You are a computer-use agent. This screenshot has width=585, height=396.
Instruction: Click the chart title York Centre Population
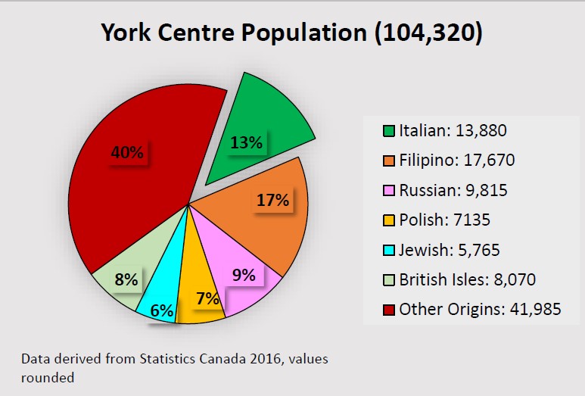pyautogui.click(x=292, y=34)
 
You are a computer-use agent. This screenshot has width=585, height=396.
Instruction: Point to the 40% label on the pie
pyautogui.click(x=127, y=152)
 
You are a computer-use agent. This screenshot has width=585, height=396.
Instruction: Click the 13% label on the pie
pyautogui.click(x=247, y=142)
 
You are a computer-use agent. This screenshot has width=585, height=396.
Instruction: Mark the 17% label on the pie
pyautogui.click(x=273, y=200)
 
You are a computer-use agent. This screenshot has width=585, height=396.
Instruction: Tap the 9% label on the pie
pyautogui.click(x=244, y=275)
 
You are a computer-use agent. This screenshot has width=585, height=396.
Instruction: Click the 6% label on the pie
pyautogui.click(x=162, y=310)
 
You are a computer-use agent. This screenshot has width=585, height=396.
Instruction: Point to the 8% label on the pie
pyautogui.click(x=126, y=279)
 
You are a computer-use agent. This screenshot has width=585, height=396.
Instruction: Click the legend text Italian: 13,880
pyautogui.click(x=452, y=130)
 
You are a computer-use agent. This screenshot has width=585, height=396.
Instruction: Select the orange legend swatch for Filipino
pyautogui.click(x=388, y=161)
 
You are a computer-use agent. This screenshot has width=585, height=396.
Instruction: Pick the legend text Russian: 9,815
pyautogui.click(x=453, y=190)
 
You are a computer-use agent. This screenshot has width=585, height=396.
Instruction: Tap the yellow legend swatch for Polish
pyautogui.click(x=388, y=220)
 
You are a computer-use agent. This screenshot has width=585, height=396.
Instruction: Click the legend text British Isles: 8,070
pyautogui.click(x=467, y=279)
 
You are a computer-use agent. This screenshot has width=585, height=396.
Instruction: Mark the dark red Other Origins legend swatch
pyautogui.click(x=388, y=310)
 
